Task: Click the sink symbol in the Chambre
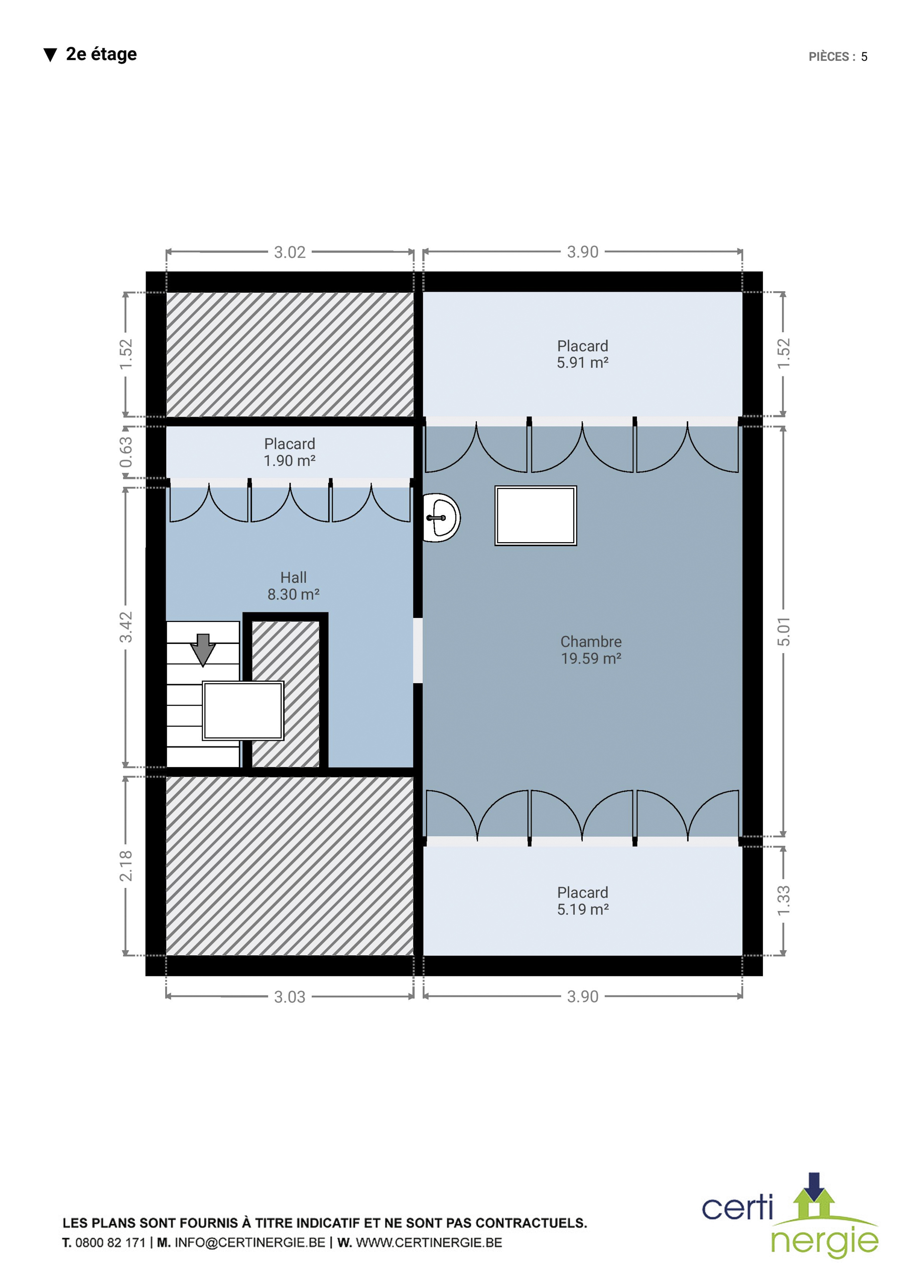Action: [x=441, y=518]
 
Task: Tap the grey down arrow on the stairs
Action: [x=203, y=650]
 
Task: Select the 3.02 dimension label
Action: [x=290, y=252]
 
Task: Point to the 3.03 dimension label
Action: [x=290, y=997]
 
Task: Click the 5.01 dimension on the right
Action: [x=784, y=631]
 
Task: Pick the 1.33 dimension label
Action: [x=784, y=901]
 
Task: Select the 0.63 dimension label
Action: [x=126, y=452]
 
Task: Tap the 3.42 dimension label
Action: [x=126, y=627]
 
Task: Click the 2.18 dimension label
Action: [x=126, y=866]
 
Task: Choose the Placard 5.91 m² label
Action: [x=582, y=354]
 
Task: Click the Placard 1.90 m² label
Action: [x=290, y=452]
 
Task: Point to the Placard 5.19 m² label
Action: [x=582, y=901]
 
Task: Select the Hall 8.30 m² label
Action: [x=293, y=585]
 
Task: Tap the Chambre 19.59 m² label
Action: [x=591, y=650]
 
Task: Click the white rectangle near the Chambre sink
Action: [x=536, y=516]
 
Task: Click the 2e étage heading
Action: [x=101, y=54]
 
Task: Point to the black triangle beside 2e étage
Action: [x=50, y=55]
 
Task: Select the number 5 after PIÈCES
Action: [x=864, y=57]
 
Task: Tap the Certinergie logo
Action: [x=790, y=1216]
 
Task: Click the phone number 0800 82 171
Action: [x=110, y=1242]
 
